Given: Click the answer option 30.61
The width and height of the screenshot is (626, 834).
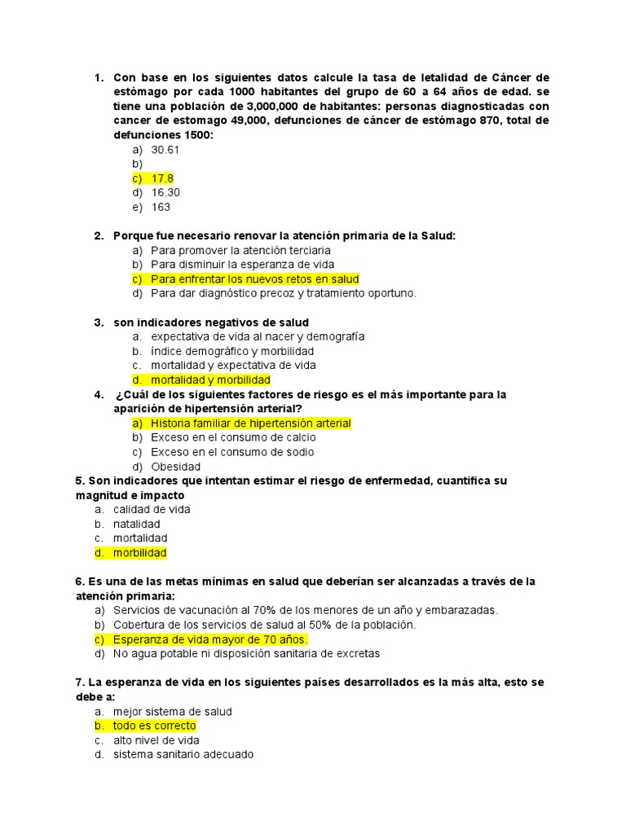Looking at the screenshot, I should click(x=165, y=150).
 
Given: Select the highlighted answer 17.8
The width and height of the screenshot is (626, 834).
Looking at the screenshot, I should click(x=162, y=178).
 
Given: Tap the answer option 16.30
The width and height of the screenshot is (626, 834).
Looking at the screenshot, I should click(x=165, y=193).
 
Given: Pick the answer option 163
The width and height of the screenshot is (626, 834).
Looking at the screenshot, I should click(x=161, y=207).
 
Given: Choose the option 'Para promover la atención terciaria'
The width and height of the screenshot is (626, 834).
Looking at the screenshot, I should click(x=240, y=250).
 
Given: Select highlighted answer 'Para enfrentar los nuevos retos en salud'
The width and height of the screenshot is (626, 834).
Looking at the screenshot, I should click(x=254, y=279).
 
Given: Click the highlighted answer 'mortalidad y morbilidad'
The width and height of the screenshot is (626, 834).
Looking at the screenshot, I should click(x=210, y=380).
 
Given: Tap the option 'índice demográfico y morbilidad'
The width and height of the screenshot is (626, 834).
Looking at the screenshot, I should click(x=232, y=351).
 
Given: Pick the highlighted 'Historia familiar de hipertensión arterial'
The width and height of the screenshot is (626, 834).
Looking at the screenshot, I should click(x=250, y=424).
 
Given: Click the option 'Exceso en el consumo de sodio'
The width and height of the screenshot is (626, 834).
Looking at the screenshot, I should click(x=232, y=452).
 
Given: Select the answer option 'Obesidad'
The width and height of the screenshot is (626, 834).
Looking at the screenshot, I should click(x=175, y=467).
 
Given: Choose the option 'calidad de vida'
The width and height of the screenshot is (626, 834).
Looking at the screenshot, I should click(x=152, y=509).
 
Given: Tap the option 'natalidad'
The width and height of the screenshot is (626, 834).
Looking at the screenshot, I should click(x=137, y=524).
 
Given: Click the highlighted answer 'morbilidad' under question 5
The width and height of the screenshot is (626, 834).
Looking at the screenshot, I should click(x=139, y=553).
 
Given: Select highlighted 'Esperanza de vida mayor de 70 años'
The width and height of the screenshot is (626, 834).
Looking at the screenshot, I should click(x=210, y=639).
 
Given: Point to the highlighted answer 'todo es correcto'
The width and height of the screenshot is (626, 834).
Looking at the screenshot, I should click(x=154, y=726).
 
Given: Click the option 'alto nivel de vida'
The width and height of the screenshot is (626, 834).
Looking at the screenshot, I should click(x=156, y=740).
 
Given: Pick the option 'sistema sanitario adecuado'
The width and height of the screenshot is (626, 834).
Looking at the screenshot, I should click(x=183, y=755).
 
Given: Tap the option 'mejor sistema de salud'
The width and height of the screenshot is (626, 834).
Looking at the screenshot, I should click(x=173, y=712).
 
